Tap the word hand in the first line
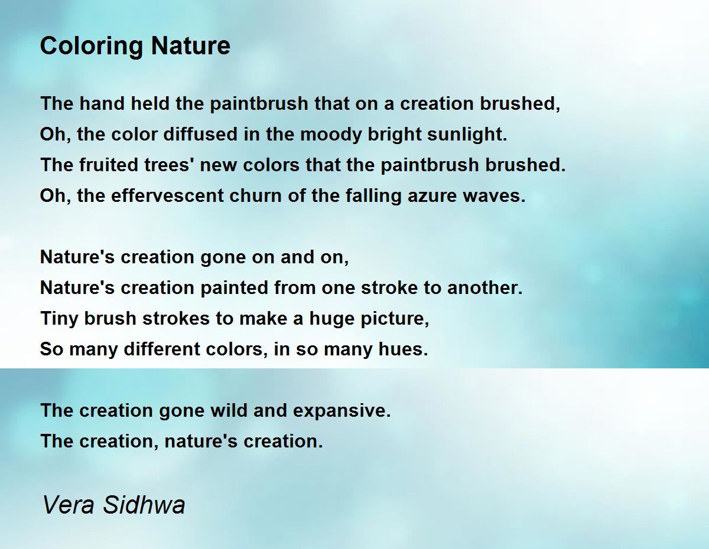coord(102,103)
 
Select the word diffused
coord(200,134)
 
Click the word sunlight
coord(467,135)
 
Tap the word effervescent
coord(167,195)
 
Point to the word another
coord(485,288)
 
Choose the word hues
coord(404,349)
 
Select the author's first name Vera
coord(69,505)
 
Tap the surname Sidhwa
coord(144,504)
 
